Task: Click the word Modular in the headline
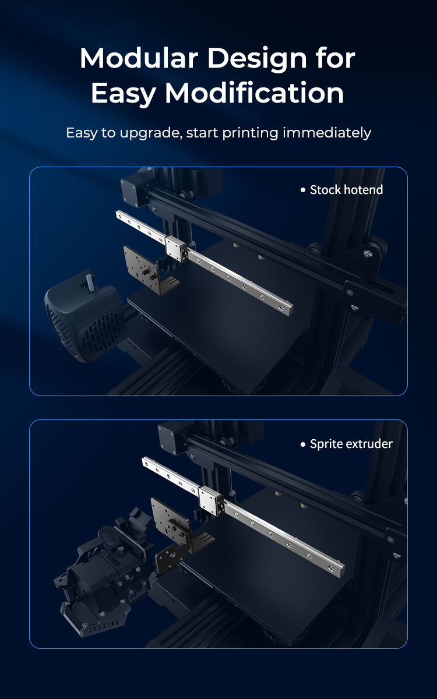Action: [139, 58]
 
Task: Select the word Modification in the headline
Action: [255, 93]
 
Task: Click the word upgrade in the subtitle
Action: [151, 133]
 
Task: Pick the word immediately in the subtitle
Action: [327, 133]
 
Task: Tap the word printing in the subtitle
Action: [250, 133]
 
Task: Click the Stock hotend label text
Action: [346, 190]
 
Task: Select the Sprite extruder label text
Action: [351, 444]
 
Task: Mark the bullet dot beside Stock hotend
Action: [303, 190]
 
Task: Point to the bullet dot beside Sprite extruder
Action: [303, 444]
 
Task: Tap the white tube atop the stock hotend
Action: [90, 280]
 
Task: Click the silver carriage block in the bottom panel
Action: [212, 500]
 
